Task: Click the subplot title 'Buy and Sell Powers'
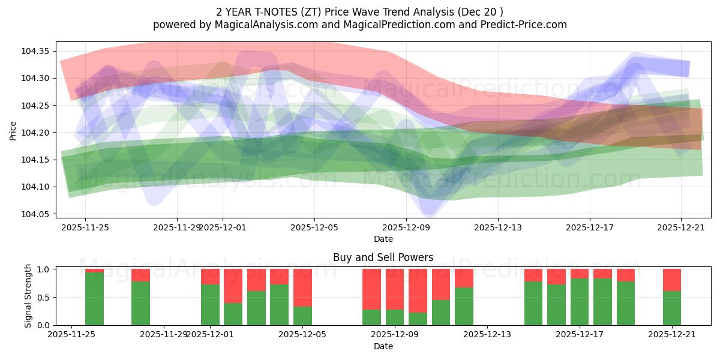click(x=383, y=258)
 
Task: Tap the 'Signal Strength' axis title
click(x=28, y=296)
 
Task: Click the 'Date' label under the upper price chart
click(x=383, y=239)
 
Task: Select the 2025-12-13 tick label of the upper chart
click(x=497, y=227)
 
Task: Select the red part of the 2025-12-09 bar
click(x=395, y=289)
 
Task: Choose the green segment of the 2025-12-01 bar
click(x=210, y=305)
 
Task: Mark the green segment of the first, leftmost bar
click(x=94, y=299)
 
